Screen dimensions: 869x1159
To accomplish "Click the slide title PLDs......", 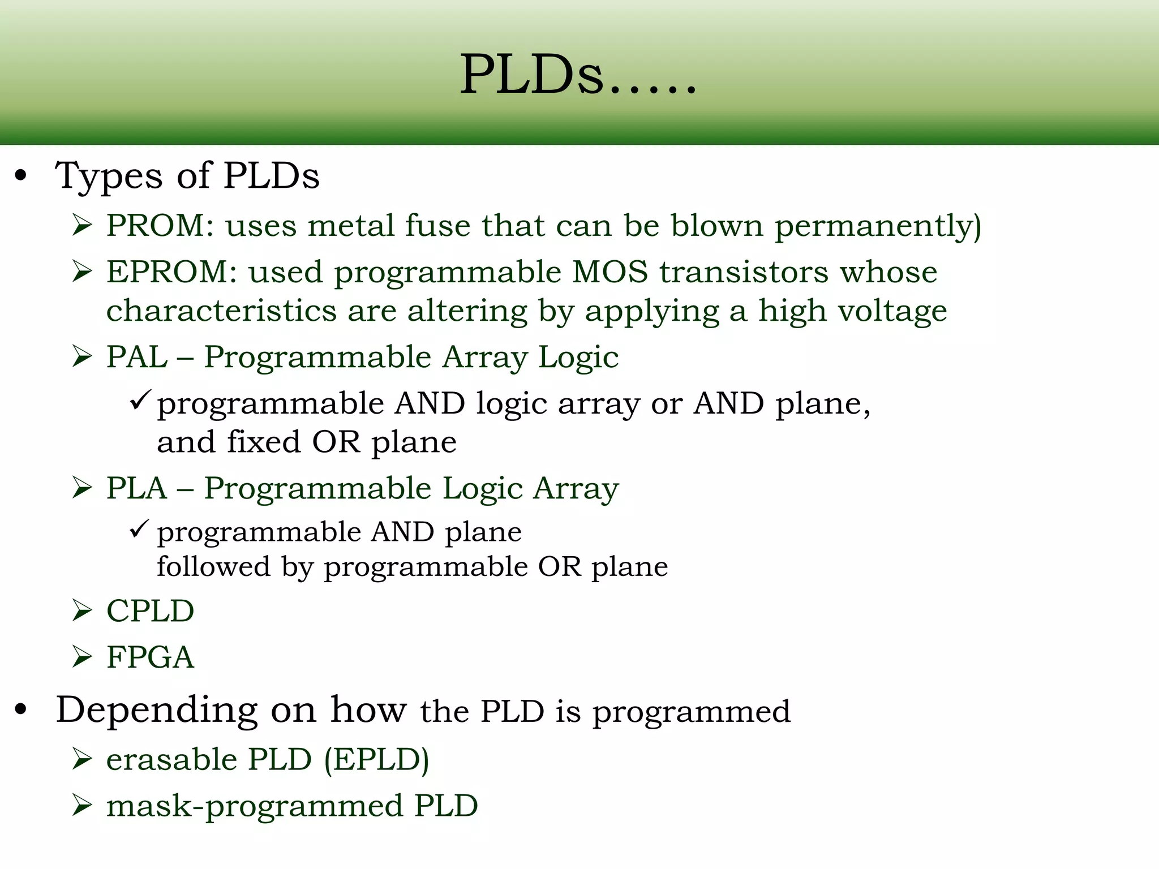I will (577, 75).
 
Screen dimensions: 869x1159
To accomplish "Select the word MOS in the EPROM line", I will (609, 272).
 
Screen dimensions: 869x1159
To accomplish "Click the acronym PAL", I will (137, 357).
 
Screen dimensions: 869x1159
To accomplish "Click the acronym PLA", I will (137, 488).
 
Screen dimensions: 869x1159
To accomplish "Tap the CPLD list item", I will (150, 611).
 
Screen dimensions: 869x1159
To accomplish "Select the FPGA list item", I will (150, 657).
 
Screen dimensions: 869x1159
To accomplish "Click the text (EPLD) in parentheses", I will (376, 759).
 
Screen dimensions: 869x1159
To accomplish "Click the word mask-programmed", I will (254, 806).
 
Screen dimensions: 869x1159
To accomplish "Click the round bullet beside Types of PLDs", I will (22, 176).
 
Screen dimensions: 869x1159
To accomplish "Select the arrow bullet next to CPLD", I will (83, 611).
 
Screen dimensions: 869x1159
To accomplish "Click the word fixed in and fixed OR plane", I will (264, 442).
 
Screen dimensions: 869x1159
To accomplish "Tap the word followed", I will (214, 566).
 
